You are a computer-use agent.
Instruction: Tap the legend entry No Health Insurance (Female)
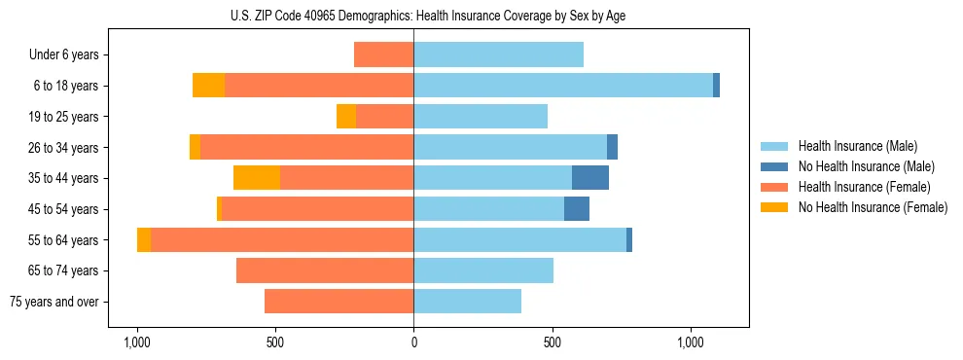[873, 207]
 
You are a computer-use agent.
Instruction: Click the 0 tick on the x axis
[413, 342]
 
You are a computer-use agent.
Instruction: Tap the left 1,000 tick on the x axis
[137, 342]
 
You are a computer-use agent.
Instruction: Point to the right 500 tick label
[552, 342]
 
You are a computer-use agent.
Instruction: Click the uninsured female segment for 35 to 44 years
[257, 178]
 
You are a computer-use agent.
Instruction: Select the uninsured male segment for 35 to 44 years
[589, 178]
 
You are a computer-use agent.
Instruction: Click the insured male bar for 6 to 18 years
[563, 86]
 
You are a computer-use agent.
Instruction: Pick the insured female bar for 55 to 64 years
[282, 239]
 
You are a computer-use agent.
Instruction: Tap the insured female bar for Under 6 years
[383, 55]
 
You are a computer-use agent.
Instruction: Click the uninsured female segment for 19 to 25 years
[346, 117]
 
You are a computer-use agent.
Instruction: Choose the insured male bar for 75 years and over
[467, 302]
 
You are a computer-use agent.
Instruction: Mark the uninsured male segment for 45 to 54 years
[576, 209]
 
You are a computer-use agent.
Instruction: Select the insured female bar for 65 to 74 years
[325, 270]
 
